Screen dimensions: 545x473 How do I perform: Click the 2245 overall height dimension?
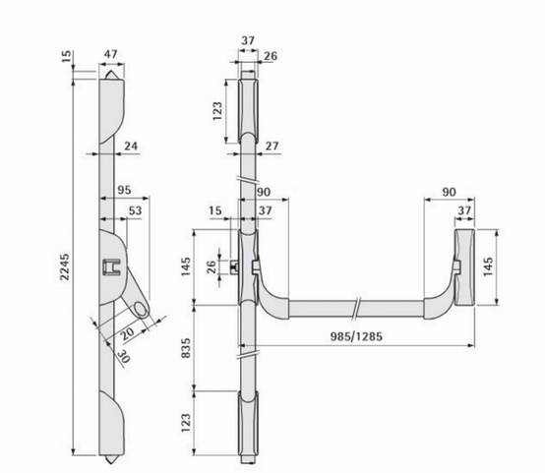(64, 266)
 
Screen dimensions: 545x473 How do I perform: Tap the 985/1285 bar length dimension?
(356, 336)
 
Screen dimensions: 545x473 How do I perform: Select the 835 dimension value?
(186, 348)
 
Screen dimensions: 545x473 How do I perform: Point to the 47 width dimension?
(111, 54)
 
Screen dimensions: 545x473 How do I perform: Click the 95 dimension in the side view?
(124, 190)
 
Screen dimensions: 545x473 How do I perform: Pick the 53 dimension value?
(135, 210)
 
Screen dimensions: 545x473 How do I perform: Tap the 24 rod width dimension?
(131, 146)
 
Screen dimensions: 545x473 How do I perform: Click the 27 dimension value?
(272, 146)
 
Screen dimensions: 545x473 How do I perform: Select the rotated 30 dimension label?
(123, 357)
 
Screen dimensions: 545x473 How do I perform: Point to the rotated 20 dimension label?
(127, 333)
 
